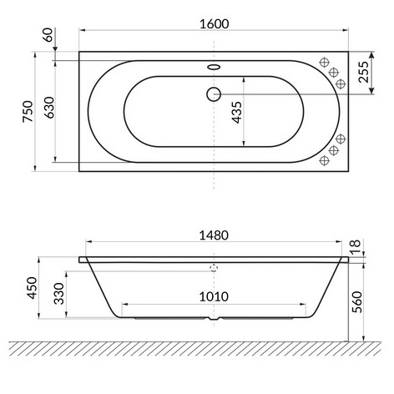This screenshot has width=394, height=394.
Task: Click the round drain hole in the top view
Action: coord(214,95)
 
